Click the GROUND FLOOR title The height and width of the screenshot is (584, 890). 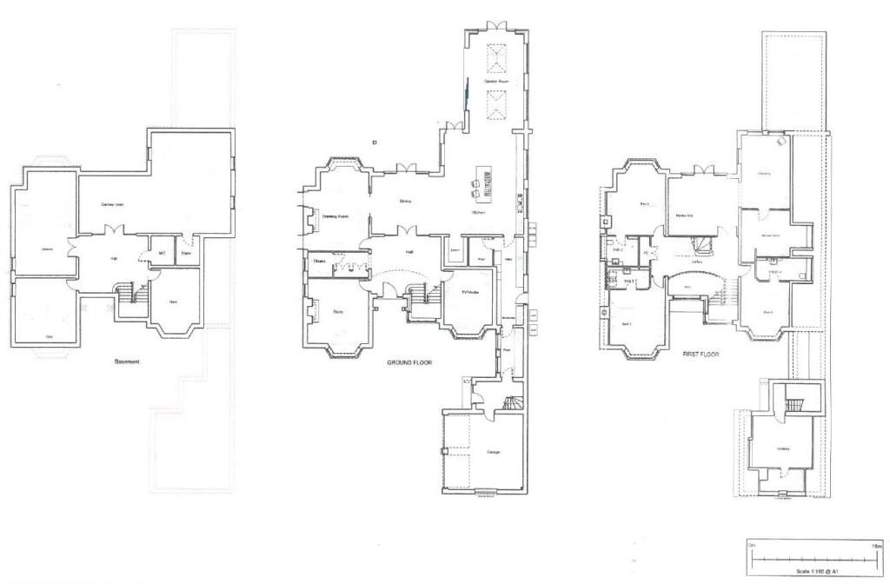pyautogui.click(x=409, y=362)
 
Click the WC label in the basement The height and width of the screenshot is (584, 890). pyautogui.click(x=162, y=253)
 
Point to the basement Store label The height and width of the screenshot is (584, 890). pyautogui.click(x=186, y=253)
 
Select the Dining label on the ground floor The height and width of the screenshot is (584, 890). pyautogui.click(x=405, y=202)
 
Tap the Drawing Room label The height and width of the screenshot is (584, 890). pyautogui.click(x=335, y=216)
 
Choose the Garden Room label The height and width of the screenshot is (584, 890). pyautogui.click(x=496, y=81)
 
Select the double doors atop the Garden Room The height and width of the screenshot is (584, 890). pyautogui.click(x=496, y=26)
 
